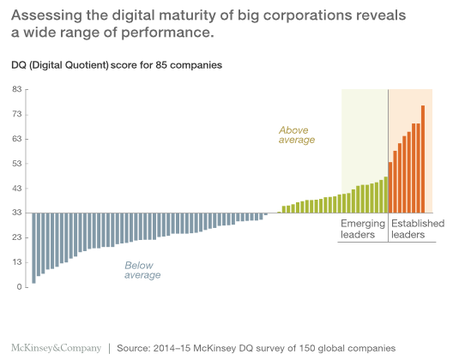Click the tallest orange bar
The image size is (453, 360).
(423, 159)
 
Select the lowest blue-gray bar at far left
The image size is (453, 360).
(33, 248)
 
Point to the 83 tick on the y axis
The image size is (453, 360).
(16, 89)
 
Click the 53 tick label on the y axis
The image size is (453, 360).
(16, 164)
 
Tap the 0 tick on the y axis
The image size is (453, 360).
(19, 288)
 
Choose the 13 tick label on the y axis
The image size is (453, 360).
(16, 263)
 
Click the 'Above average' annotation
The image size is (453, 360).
(297, 135)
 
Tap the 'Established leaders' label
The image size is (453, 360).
(417, 229)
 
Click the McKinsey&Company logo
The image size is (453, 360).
(55, 348)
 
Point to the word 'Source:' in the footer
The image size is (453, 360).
(136, 349)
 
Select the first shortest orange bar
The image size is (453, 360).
(391, 187)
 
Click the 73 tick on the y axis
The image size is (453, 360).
(16, 114)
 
